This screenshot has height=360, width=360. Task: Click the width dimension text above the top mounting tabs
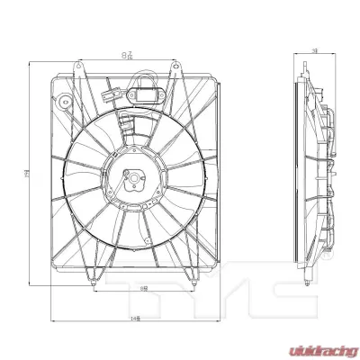click(126, 56)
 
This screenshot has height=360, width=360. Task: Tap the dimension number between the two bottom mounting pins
click(145, 288)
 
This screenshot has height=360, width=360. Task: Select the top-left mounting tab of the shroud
click(81, 67)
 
